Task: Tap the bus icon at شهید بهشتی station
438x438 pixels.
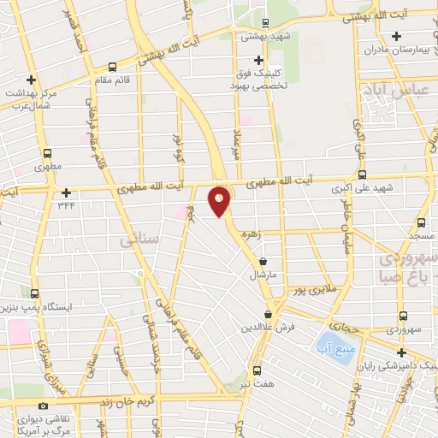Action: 265,23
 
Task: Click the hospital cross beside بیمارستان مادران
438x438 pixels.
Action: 396,36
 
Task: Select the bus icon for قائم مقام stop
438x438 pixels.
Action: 113,67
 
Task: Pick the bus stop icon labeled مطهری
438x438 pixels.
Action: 48,155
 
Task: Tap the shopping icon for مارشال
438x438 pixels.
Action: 263,262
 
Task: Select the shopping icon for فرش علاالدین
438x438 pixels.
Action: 269,315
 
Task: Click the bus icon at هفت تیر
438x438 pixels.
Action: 257,370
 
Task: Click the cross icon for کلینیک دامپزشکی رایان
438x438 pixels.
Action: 401,352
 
